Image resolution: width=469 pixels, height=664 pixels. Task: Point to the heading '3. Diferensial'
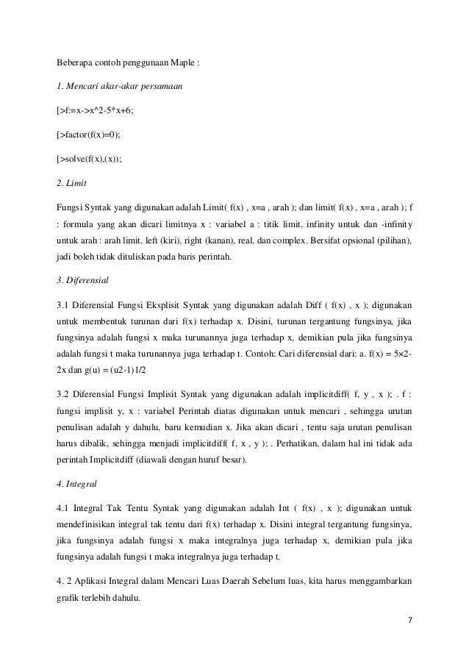(x=85, y=279)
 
